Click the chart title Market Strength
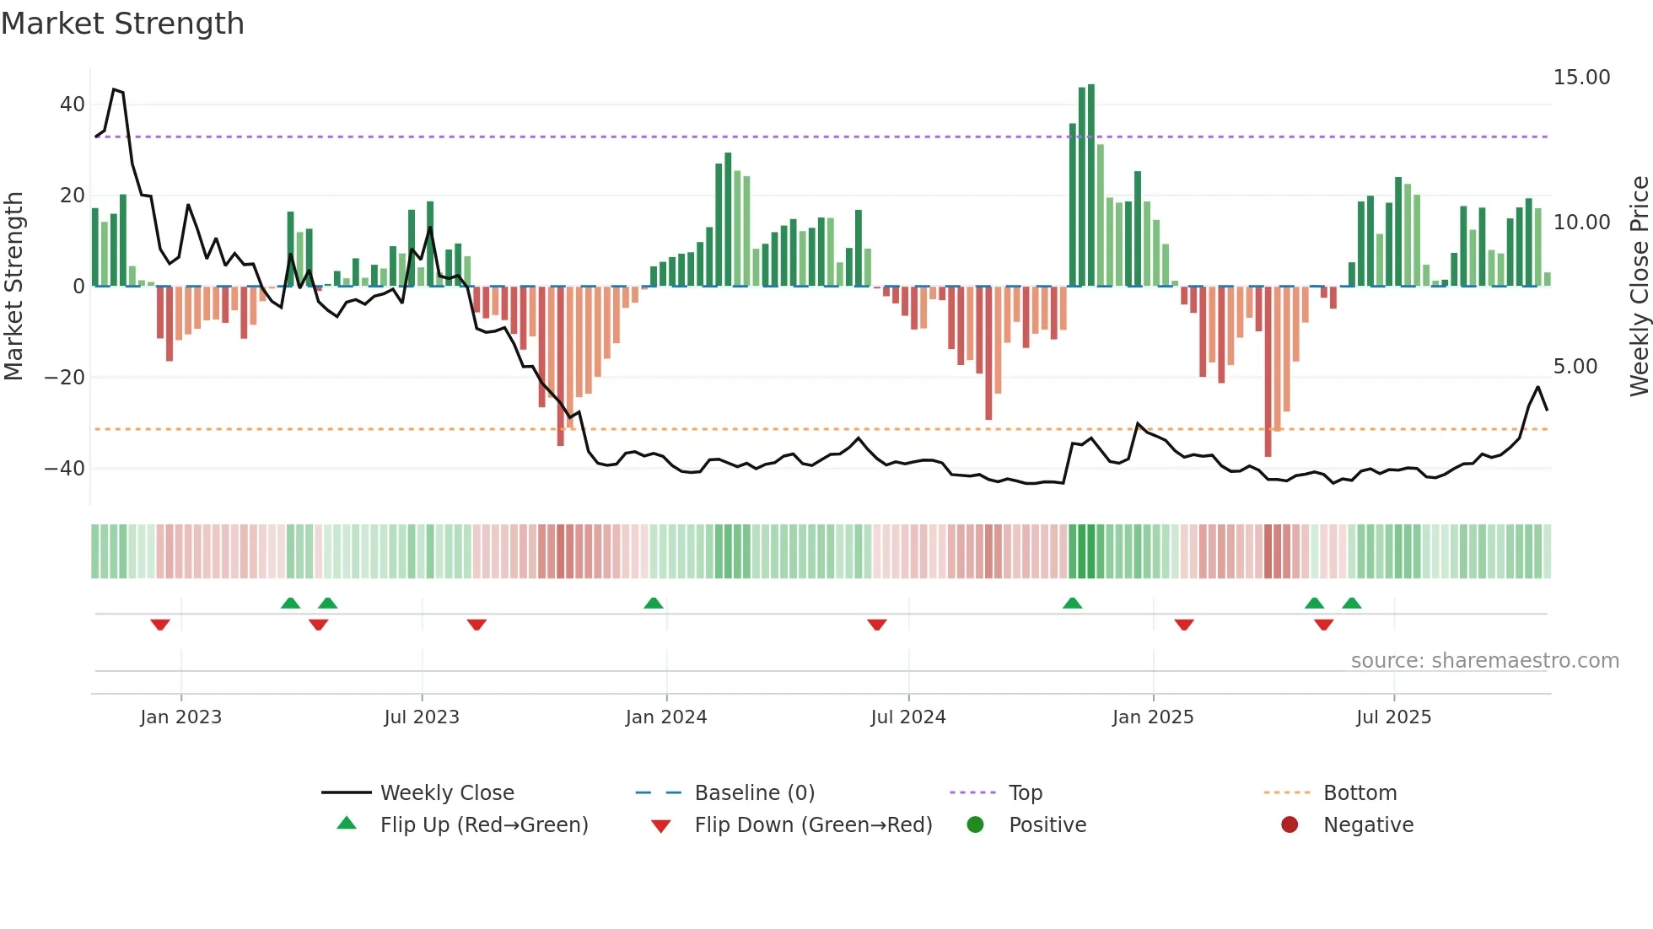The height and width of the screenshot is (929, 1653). click(122, 24)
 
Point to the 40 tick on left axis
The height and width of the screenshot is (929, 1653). click(73, 105)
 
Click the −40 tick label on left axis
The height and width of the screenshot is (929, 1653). click(66, 469)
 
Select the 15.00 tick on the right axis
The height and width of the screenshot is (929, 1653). click(1581, 78)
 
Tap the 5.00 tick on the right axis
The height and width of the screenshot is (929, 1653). click(1575, 367)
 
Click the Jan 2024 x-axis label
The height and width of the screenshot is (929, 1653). click(665, 717)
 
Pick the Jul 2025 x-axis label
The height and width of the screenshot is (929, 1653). click(1393, 717)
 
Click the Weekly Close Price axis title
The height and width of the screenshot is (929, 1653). click(1639, 287)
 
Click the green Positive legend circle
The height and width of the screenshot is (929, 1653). click(975, 825)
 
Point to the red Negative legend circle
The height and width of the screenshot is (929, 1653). click(1289, 825)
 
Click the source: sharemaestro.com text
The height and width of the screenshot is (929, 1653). click(1484, 661)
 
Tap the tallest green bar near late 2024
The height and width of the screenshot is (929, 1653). click(1091, 185)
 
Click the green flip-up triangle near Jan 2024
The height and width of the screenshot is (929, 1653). click(654, 604)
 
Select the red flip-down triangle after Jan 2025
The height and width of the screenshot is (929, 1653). click(1184, 625)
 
